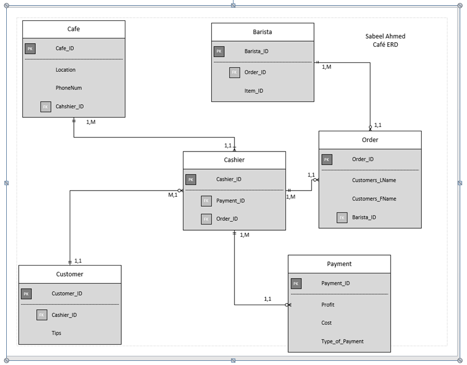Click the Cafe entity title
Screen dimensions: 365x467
click(73, 29)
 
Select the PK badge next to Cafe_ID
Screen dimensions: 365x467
click(30, 48)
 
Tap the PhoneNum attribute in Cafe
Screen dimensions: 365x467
click(69, 88)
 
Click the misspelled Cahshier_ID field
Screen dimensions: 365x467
click(70, 106)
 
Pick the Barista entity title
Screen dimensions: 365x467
click(262, 32)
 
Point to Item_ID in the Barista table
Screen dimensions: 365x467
click(254, 91)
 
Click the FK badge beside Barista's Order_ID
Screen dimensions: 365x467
click(235, 72)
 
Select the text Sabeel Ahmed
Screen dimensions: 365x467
click(385, 36)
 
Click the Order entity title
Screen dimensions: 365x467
click(370, 140)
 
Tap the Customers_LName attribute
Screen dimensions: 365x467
click(374, 180)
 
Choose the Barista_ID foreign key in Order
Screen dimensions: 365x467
click(364, 217)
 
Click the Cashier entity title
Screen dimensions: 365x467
click(234, 160)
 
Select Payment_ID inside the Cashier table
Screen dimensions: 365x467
click(230, 200)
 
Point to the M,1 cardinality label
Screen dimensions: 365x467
click(172, 195)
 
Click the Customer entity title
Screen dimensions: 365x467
click(69, 274)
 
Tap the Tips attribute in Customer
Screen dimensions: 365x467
click(56, 333)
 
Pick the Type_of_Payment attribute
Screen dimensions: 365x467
click(342, 341)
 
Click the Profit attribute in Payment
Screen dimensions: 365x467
click(328, 305)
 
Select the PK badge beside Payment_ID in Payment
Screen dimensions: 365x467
click(296, 284)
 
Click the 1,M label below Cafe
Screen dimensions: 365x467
click(90, 122)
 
